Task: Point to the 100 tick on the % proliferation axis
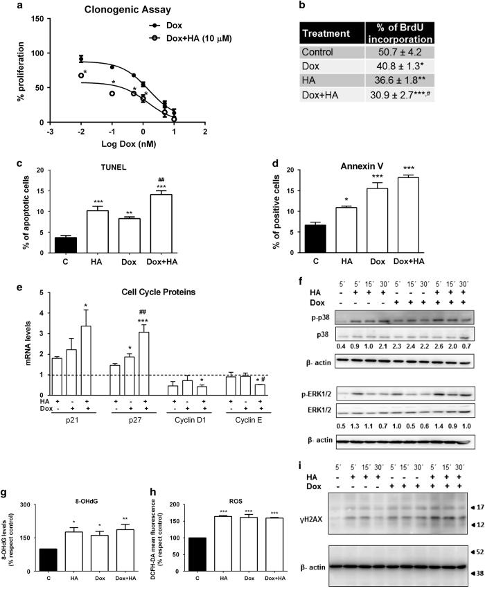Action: coord(44,53)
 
